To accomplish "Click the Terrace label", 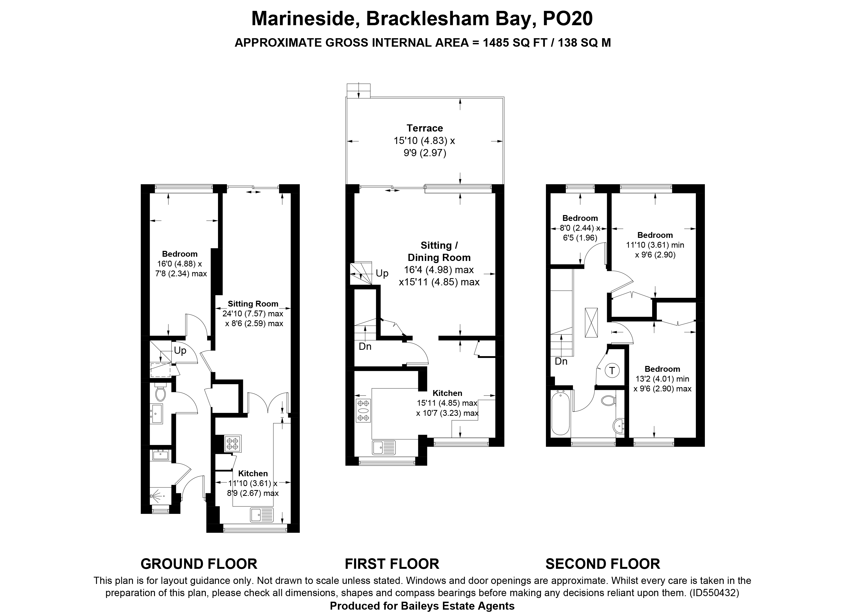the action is coord(425,128).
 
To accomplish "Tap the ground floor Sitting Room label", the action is coord(253,304).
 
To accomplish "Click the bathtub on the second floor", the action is coord(560,413).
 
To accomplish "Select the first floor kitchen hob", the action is coord(363,410).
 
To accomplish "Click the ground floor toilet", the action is coord(160,393).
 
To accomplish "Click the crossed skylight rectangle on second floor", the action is coord(591,322).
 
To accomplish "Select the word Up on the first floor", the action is coord(382,273).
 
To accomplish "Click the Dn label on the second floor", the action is coord(561,361).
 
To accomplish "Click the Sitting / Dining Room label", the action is coord(439,251).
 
